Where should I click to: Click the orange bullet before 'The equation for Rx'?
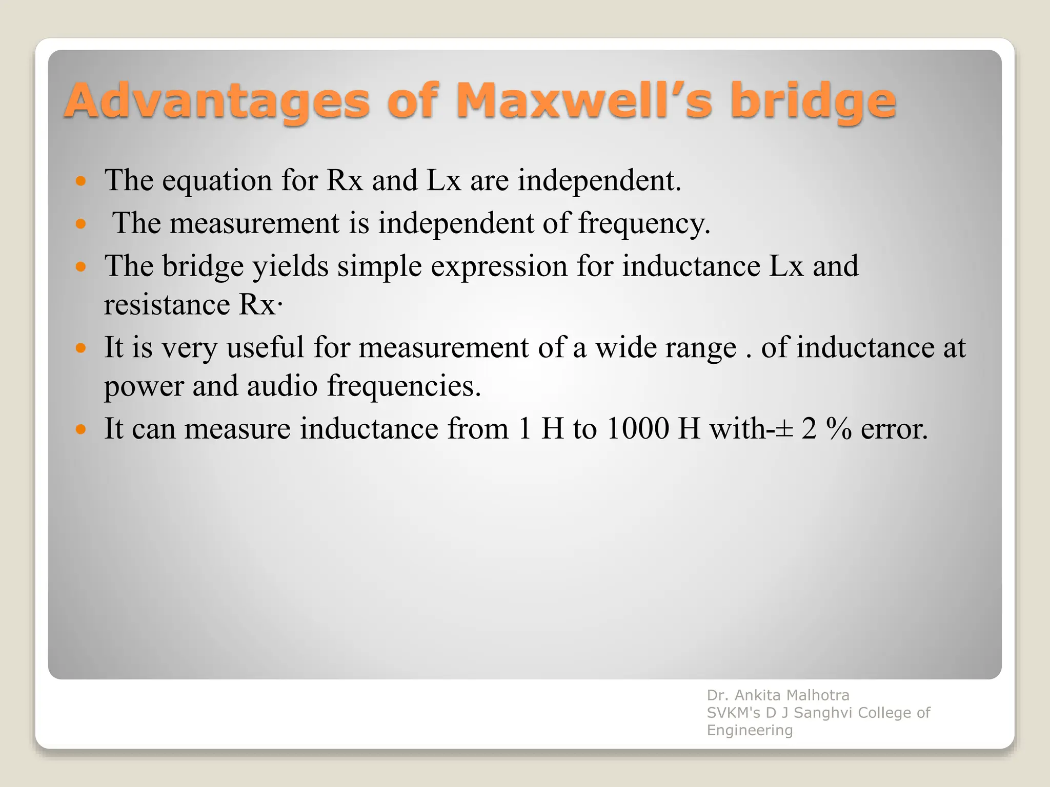pyautogui.click(x=80, y=181)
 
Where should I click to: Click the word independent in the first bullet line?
pyautogui.click(x=599, y=181)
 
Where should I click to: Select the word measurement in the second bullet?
pyautogui.click(x=254, y=224)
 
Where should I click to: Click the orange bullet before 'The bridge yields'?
pyautogui.click(x=80, y=266)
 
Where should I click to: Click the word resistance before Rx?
pyautogui.click(x=167, y=305)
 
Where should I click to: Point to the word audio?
pyautogui.click(x=282, y=386)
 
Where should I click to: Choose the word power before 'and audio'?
pyautogui.click(x=144, y=387)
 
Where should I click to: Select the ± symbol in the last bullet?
pyautogui.click(x=784, y=429)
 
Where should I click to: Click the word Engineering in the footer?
pyautogui.click(x=750, y=730)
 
